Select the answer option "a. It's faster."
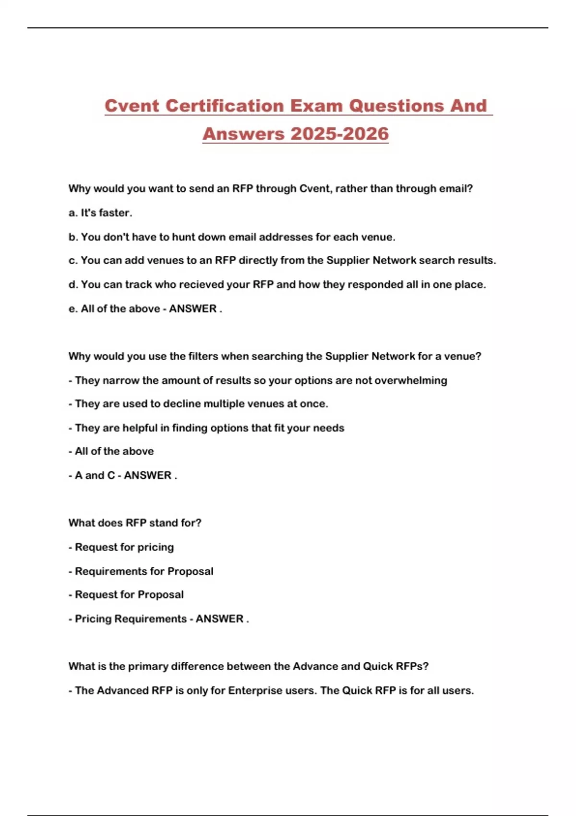100,213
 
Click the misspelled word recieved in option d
201,285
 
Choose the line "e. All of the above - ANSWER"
145,309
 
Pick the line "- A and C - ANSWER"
122,475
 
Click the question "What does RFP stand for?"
135,523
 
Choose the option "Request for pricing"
124,547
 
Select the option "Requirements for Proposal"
144,571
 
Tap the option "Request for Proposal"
129,595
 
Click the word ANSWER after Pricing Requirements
219,619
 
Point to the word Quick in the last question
378,666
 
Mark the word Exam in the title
315,106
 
